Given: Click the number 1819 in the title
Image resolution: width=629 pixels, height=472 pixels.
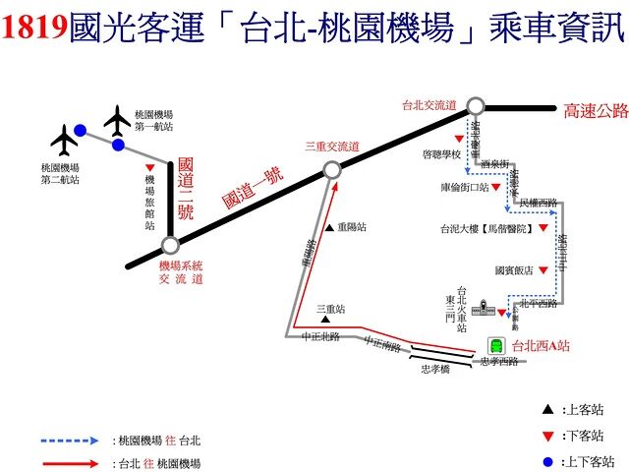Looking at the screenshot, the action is tap(36, 29).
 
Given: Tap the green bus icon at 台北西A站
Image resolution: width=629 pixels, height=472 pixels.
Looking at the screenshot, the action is tap(497, 346).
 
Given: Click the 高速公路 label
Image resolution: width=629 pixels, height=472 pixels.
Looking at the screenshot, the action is tap(594, 111).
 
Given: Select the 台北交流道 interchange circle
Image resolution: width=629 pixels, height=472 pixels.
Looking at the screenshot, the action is tap(477, 106).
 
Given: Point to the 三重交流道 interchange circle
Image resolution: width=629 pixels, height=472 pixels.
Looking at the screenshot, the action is tap(332, 170).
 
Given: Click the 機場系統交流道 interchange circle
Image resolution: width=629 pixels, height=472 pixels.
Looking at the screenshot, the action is tap(170, 246).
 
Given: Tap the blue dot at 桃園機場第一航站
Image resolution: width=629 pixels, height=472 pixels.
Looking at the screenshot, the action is tap(118, 146).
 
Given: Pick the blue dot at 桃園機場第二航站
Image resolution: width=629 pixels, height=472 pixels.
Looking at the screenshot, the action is tap(81, 130).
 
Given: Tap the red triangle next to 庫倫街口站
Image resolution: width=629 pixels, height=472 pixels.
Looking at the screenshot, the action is tap(498, 187).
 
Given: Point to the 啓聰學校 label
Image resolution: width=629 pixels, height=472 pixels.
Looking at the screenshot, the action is tap(441, 154).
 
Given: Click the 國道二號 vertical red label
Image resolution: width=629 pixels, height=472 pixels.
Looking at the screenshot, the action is tap(185, 193).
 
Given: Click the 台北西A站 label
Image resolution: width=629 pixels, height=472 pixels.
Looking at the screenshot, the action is tap(542, 345).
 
